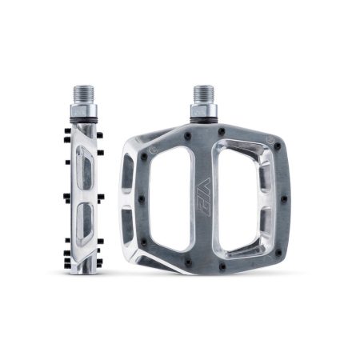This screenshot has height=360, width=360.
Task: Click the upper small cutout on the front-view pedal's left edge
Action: click(x=131, y=170)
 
